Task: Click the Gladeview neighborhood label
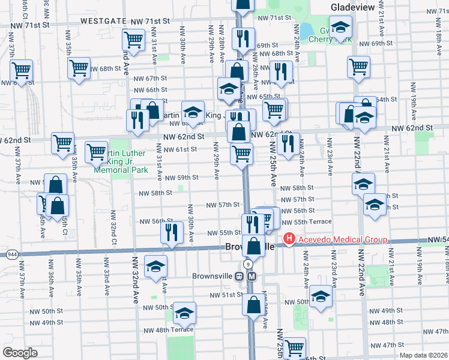point(353,7)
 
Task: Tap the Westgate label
point(103,20)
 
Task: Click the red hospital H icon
point(289,239)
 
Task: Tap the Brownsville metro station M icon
point(252,276)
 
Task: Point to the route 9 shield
point(248,265)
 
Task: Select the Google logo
point(20,352)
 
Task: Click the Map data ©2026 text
point(423,355)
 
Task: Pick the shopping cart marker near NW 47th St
point(294,347)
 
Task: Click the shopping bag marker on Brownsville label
point(254,246)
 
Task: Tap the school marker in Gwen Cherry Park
point(340,28)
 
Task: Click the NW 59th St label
point(182,178)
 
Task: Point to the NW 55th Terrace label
point(312,221)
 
